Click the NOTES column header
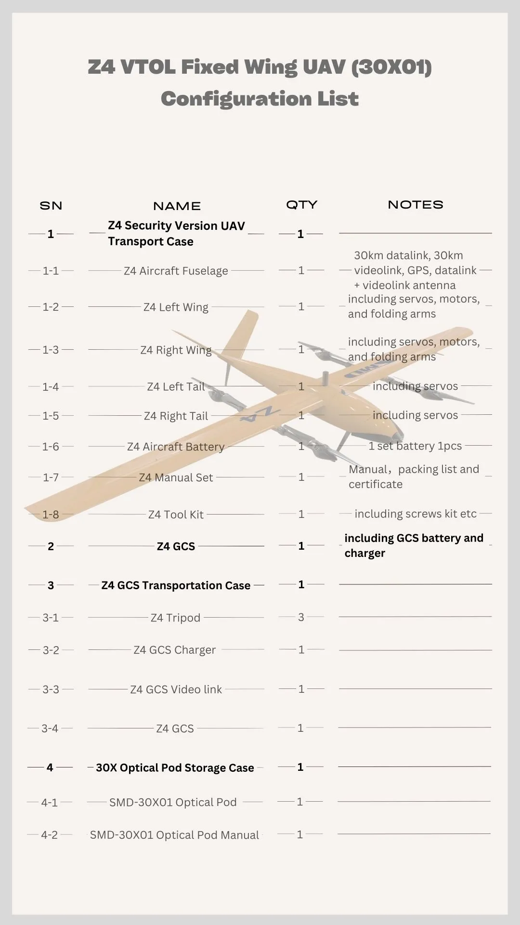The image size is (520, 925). [x=415, y=205]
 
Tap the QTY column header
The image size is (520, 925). [x=301, y=205]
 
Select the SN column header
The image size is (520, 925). [x=51, y=206]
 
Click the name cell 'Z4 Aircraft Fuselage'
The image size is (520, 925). [x=176, y=271]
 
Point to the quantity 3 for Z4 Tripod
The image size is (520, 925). [x=301, y=617]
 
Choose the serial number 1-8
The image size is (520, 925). [x=51, y=515]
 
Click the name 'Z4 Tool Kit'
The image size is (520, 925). [x=176, y=515]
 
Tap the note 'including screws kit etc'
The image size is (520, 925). [x=415, y=514]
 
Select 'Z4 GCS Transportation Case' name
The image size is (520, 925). [x=176, y=585]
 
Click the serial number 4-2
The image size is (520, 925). [x=50, y=835]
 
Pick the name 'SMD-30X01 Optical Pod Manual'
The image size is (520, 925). [x=174, y=835]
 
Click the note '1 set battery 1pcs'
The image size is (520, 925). [x=415, y=446]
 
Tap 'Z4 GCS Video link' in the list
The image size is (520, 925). [x=176, y=689]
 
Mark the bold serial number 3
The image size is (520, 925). [x=51, y=585]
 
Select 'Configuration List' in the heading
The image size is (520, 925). [x=260, y=99]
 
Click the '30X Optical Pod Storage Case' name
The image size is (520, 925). [x=175, y=768]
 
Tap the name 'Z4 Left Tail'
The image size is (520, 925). [x=176, y=387]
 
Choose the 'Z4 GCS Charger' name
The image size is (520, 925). [x=174, y=650]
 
